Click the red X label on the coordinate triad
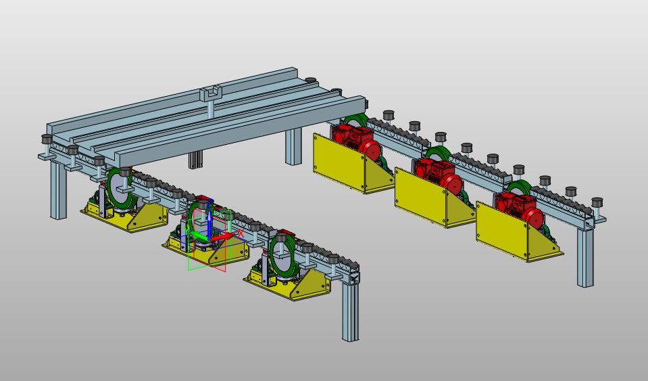[x=241, y=233]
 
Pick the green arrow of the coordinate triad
[x=199, y=237]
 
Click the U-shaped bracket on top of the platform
[x=210, y=93]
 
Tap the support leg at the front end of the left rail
[x=351, y=307]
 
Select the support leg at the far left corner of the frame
[x=59, y=189]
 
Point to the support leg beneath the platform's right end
[x=293, y=146]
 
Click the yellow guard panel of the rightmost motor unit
[x=501, y=230]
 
